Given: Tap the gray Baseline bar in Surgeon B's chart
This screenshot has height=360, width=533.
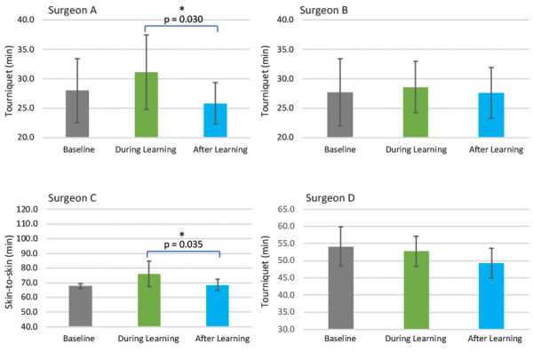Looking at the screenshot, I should (x=340, y=115).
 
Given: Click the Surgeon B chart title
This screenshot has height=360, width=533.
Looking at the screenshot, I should (x=324, y=9).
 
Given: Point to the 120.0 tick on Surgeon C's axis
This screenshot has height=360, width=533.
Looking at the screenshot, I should (x=26, y=210).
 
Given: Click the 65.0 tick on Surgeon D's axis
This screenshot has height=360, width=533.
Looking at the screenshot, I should (x=286, y=210).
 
